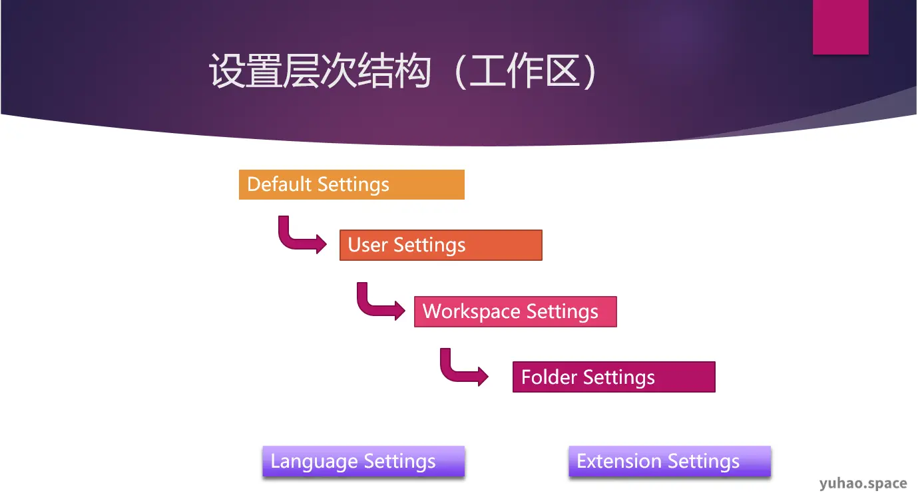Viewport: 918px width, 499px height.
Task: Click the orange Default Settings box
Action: coord(351,185)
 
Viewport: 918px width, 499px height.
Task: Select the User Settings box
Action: coord(441,245)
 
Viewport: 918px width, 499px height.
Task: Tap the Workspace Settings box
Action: coord(515,311)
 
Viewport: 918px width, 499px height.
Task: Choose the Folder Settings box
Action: coord(613,377)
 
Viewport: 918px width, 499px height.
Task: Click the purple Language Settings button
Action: coord(363,462)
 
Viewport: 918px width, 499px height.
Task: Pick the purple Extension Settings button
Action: coord(670,462)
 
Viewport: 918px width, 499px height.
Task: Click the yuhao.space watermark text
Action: coord(863,484)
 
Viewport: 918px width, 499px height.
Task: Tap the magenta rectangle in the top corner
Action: coord(840,27)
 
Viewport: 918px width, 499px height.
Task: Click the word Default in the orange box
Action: coord(280,184)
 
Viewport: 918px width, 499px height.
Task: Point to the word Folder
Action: coord(549,377)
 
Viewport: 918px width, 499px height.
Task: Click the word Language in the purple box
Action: coord(314,462)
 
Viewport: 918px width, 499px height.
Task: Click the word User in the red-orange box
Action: coord(367,245)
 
